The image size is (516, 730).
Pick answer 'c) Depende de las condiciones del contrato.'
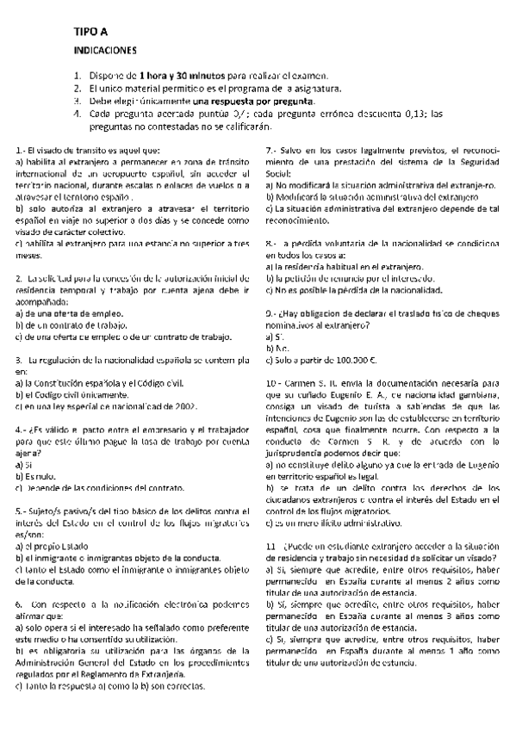[96, 486]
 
